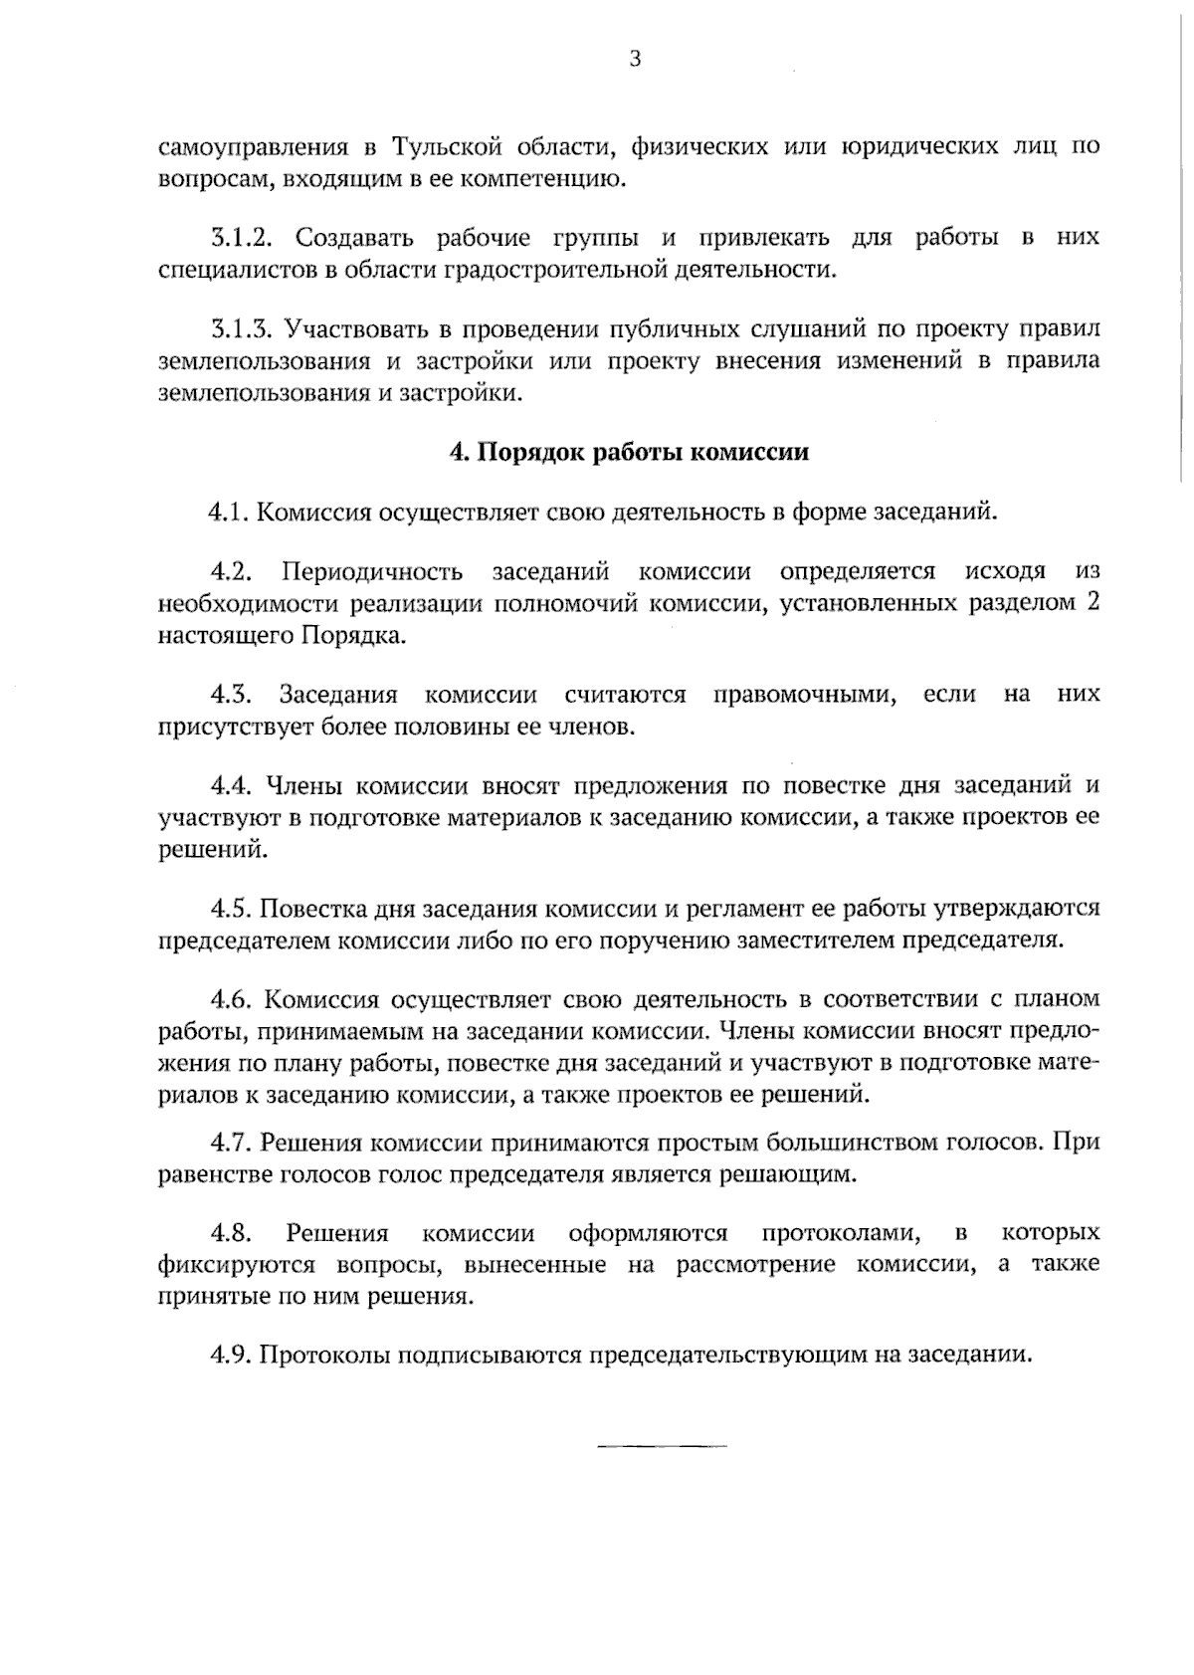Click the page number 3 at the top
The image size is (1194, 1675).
pyautogui.click(x=635, y=60)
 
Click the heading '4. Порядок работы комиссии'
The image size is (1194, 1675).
pyautogui.click(x=629, y=452)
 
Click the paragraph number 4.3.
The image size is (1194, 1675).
pyautogui.click(x=230, y=694)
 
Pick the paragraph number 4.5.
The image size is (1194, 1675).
pyautogui.click(x=231, y=908)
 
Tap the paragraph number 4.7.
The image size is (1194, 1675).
pyautogui.click(x=231, y=1142)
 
